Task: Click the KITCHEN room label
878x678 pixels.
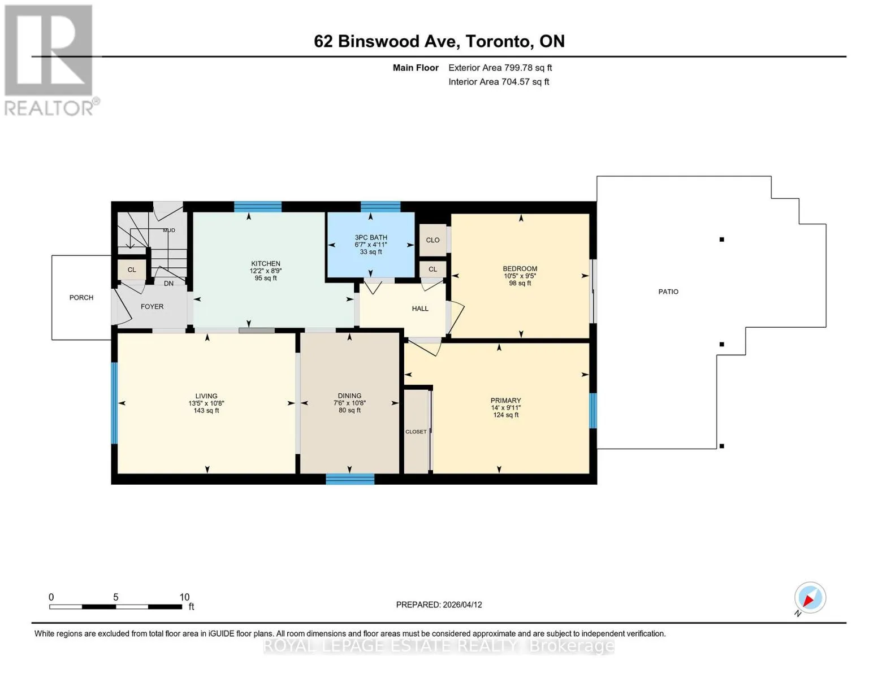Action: click(266, 264)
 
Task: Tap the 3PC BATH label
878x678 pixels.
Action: click(371, 237)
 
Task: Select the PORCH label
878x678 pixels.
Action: click(81, 298)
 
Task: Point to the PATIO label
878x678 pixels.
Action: click(668, 292)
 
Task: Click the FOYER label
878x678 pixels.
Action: click(152, 306)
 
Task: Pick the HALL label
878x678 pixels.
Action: click(420, 308)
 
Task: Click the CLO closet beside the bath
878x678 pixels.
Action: click(432, 240)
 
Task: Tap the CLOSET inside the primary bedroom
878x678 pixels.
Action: click(416, 432)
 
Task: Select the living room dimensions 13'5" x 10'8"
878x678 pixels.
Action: click(206, 403)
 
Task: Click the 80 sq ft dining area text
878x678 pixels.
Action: click(349, 410)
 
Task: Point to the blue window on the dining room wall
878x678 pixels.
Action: click(351, 479)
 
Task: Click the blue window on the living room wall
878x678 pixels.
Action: click(114, 403)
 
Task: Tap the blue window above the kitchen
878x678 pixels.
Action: click(258, 207)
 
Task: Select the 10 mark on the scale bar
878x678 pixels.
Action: click(184, 597)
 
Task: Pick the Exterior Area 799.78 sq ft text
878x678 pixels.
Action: click(500, 68)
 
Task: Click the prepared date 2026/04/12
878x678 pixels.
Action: click(462, 605)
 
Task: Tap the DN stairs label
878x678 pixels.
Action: click(168, 284)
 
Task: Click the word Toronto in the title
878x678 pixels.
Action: click(498, 41)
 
